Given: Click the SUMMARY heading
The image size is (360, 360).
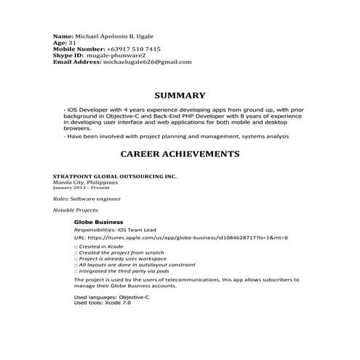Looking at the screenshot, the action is [x=180, y=95].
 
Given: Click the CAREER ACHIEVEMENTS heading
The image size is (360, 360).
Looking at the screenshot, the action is [x=180, y=154].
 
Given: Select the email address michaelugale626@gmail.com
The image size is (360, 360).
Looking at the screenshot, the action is [x=148, y=62].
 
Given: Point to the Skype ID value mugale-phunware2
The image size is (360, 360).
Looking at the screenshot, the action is [x=116, y=55].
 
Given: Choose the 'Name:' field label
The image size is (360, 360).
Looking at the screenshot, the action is [x=64, y=36].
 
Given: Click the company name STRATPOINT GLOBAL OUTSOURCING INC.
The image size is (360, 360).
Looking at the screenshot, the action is [x=115, y=177].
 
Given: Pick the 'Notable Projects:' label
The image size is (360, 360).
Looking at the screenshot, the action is [x=76, y=209].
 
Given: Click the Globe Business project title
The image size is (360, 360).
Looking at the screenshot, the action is [x=99, y=221].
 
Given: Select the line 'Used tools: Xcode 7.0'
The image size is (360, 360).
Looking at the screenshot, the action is [x=103, y=302].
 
